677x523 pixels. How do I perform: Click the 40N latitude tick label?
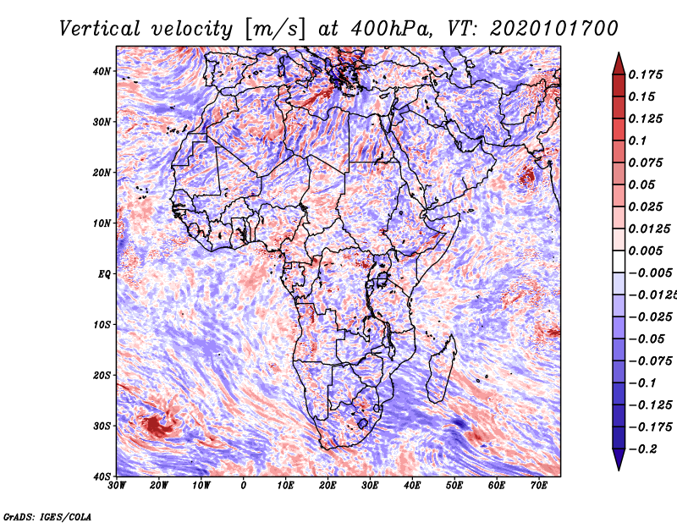click(x=102, y=71)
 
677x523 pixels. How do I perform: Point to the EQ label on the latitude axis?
click(x=104, y=274)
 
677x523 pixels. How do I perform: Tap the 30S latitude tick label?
click(x=102, y=426)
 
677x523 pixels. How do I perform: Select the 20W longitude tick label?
click(x=159, y=485)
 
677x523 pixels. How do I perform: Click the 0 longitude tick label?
click(x=244, y=485)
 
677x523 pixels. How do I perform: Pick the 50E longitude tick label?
click(x=454, y=485)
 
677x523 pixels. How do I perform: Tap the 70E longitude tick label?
click(x=539, y=485)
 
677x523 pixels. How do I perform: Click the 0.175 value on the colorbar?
click(x=646, y=74)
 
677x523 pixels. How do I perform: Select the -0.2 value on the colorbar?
click(x=643, y=449)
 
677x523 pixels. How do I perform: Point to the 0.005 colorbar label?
click(x=646, y=250)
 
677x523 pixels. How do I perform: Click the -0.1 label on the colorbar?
click(x=643, y=383)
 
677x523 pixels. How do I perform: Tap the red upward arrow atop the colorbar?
click(x=619, y=63)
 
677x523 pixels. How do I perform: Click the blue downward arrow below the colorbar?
click(x=619, y=460)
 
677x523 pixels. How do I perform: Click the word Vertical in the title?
click(x=100, y=29)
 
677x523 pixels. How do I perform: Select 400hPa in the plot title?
click(x=391, y=29)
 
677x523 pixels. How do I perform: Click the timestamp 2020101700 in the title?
click(x=554, y=29)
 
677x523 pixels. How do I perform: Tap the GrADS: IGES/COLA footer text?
click(x=47, y=517)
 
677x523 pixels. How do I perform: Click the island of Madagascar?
click(x=441, y=369)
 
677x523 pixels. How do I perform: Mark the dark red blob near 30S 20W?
click(x=157, y=426)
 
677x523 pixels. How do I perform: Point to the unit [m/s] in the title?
click(x=275, y=29)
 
